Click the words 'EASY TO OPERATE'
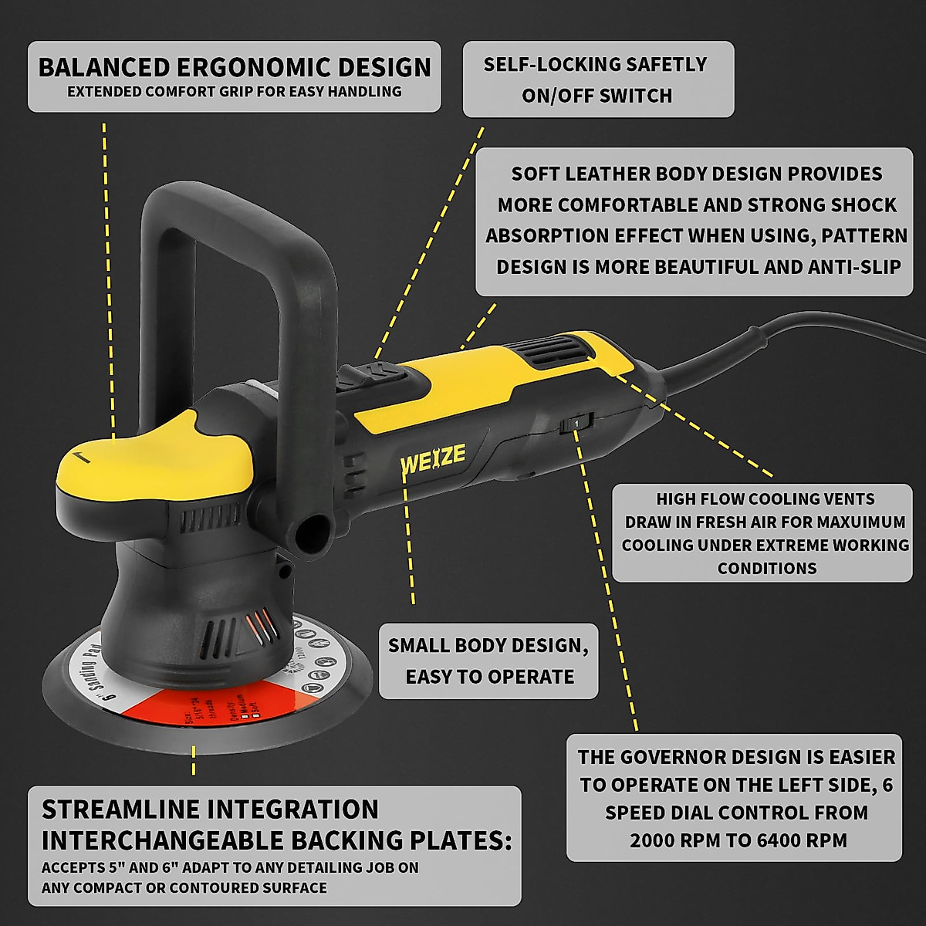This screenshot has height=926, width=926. [489, 677]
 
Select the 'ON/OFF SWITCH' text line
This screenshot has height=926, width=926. [596, 96]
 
